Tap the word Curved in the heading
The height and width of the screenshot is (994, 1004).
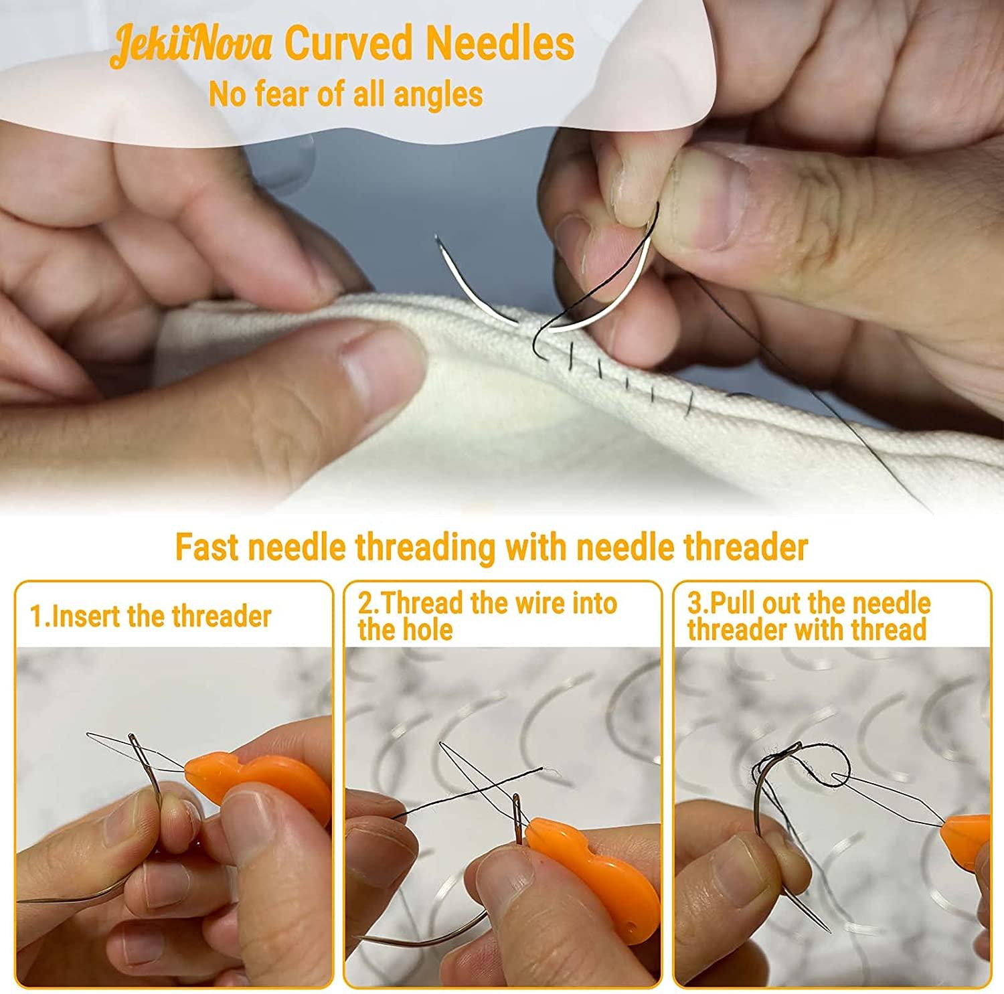pos(349,44)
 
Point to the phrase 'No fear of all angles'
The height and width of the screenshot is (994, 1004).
pos(345,94)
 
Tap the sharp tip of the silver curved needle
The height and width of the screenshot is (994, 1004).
pos(436,237)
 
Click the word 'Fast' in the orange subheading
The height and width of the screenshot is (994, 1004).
pos(207,547)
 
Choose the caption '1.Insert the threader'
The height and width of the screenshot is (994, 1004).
pos(151,616)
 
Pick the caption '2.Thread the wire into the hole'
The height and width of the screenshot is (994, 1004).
pos(487,616)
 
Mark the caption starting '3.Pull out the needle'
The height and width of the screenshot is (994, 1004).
pos(809,616)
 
